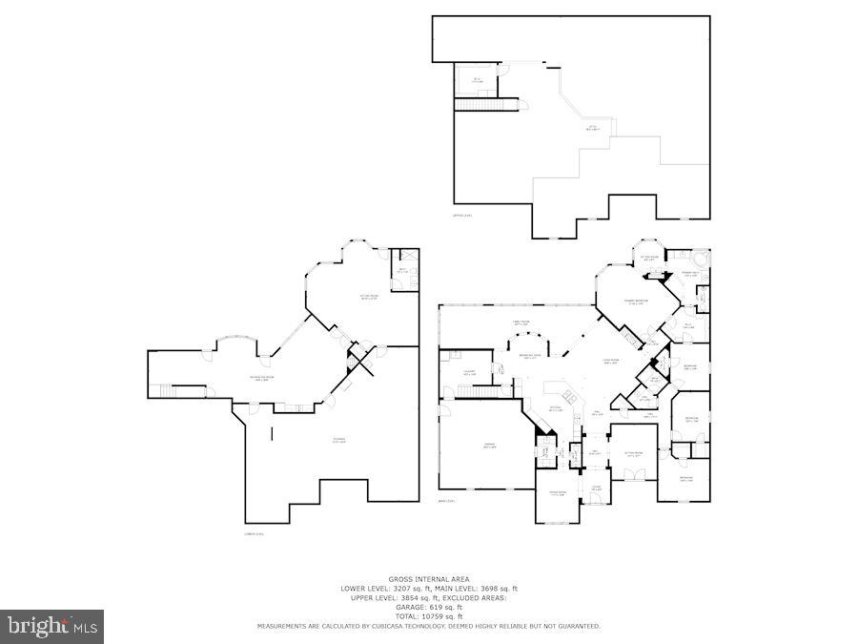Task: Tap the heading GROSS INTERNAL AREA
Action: click(x=428, y=579)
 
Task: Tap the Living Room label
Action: click(x=611, y=361)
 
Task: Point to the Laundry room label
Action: click(x=469, y=372)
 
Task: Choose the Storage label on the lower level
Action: click(x=338, y=440)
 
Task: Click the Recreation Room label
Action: click(x=263, y=378)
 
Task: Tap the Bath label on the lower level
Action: click(x=402, y=272)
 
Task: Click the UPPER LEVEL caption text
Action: click(x=462, y=216)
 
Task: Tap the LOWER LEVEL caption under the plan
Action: click(x=254, y=533)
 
